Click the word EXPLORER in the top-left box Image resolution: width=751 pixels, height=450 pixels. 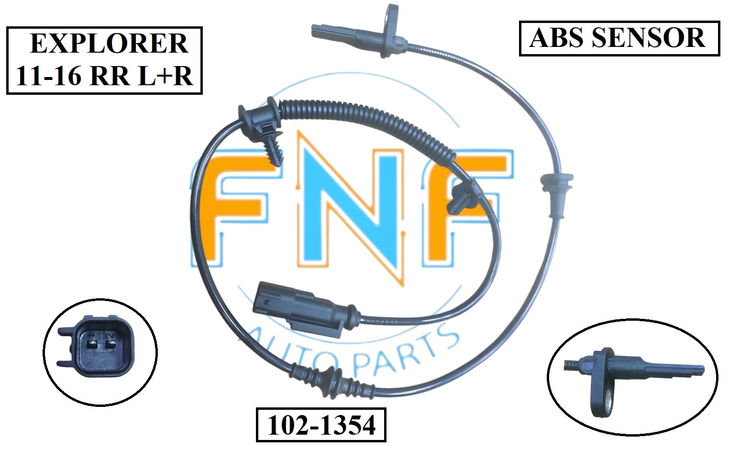click(x=109, y=44)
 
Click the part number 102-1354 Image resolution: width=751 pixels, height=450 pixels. click(x=321, y=425)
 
